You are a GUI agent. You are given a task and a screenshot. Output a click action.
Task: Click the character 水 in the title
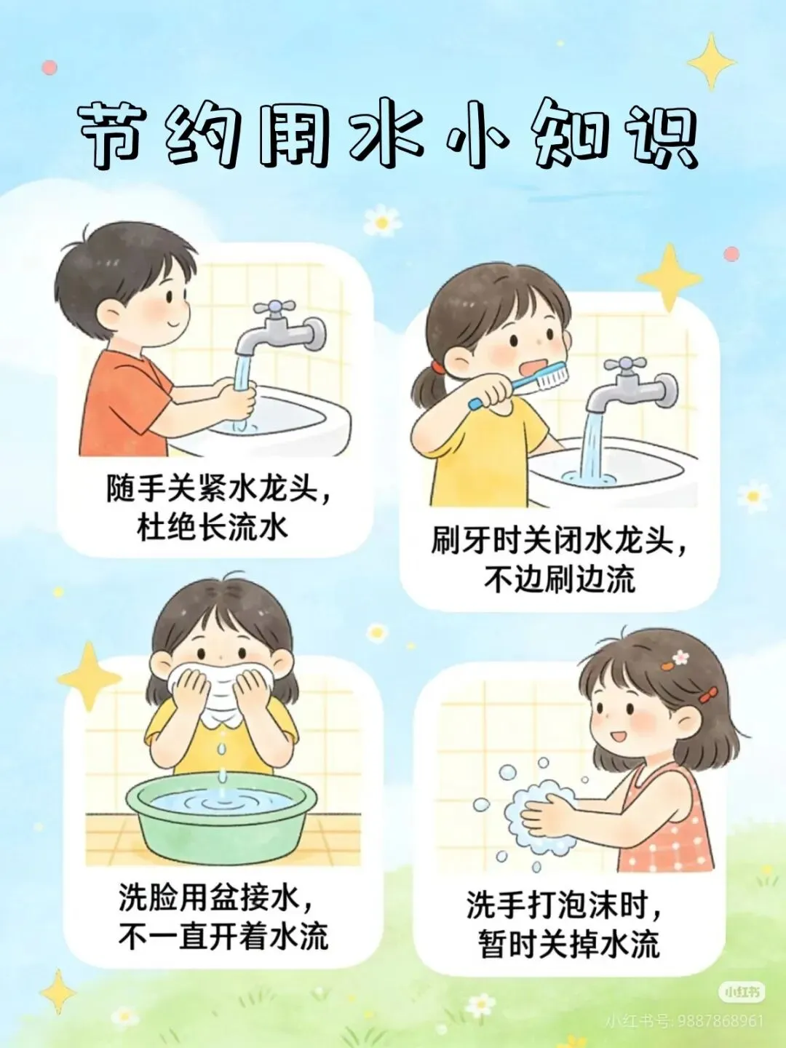pyautogui.click(x=386, y=135)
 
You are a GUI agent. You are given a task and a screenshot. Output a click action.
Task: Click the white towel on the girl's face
pyautogui.click(x=221, y=693)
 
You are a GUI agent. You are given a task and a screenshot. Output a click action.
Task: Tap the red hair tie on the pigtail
pyautogui.click(x=437, y=367)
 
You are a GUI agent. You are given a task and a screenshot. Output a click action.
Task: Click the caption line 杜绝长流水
pyautogui.click(x=213, y=528)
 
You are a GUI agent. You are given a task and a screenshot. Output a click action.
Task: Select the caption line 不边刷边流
pyautogui.click(x=560, y=579)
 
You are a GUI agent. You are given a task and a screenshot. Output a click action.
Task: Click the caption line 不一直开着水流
pyautogui.click(x=223, y=937)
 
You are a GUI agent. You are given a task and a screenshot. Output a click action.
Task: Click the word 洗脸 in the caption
pyautogui.click(x=148, y=897)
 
